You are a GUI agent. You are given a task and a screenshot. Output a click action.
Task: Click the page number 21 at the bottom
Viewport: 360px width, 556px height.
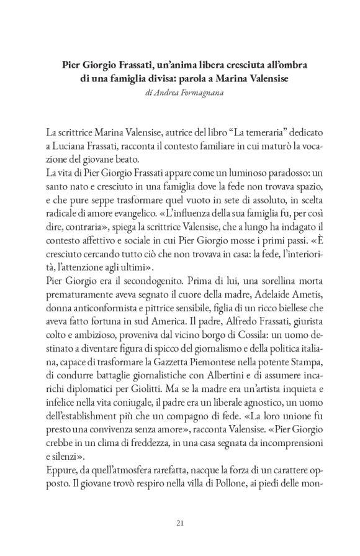[x=180, y=521]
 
